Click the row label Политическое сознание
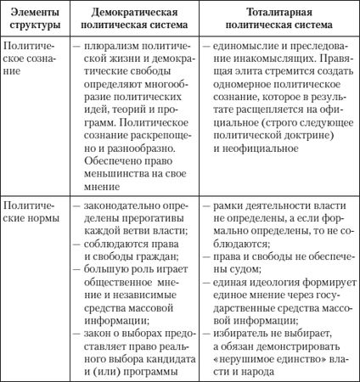point(30,58)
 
